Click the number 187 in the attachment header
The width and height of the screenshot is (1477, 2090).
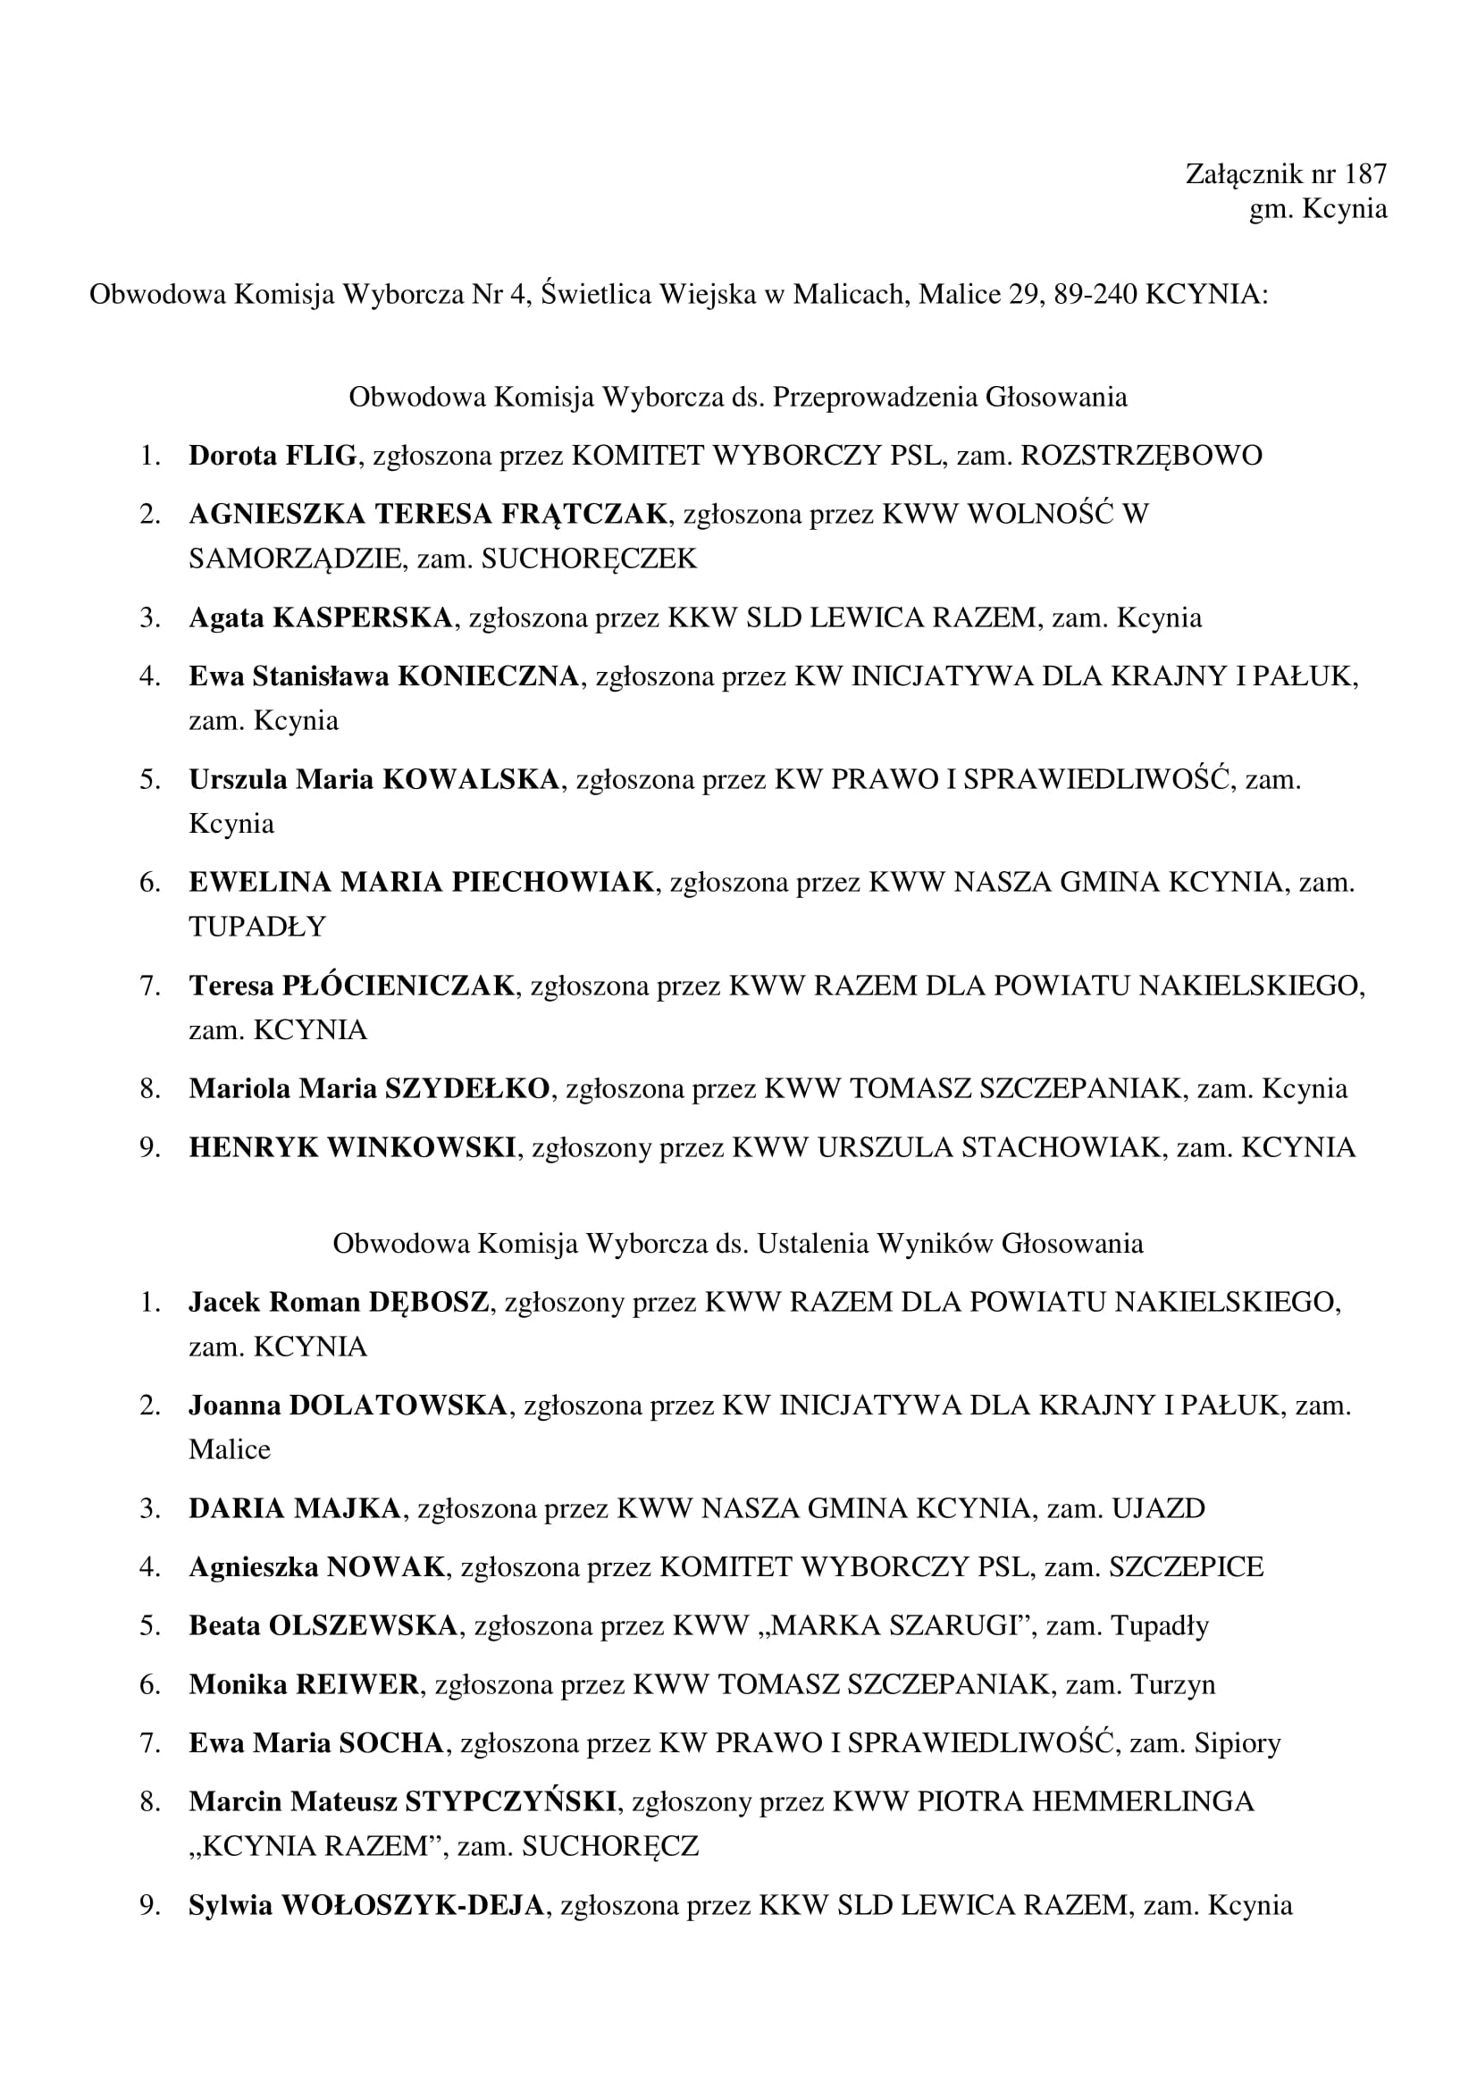[1364, 174]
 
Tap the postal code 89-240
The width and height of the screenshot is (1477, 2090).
[1094, 294]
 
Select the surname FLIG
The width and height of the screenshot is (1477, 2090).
[321, 455]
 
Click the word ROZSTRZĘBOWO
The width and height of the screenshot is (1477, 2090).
[1141, 455]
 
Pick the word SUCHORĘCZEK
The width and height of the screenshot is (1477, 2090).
[589, 558]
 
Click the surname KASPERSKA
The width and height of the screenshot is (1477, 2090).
[362, 618]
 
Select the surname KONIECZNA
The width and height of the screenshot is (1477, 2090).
[489, 676]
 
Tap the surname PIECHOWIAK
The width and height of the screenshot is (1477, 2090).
[553, 882]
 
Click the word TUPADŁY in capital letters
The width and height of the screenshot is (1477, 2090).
[257, 927]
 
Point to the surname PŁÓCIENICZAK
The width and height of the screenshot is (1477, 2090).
[399, 986]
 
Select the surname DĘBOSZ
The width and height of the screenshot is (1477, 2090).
[429, 1303]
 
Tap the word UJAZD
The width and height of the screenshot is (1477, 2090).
[1158, 1508]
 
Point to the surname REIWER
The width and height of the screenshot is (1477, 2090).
[357, 1685]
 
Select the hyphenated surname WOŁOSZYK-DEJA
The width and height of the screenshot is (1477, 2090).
[412, 1905]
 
